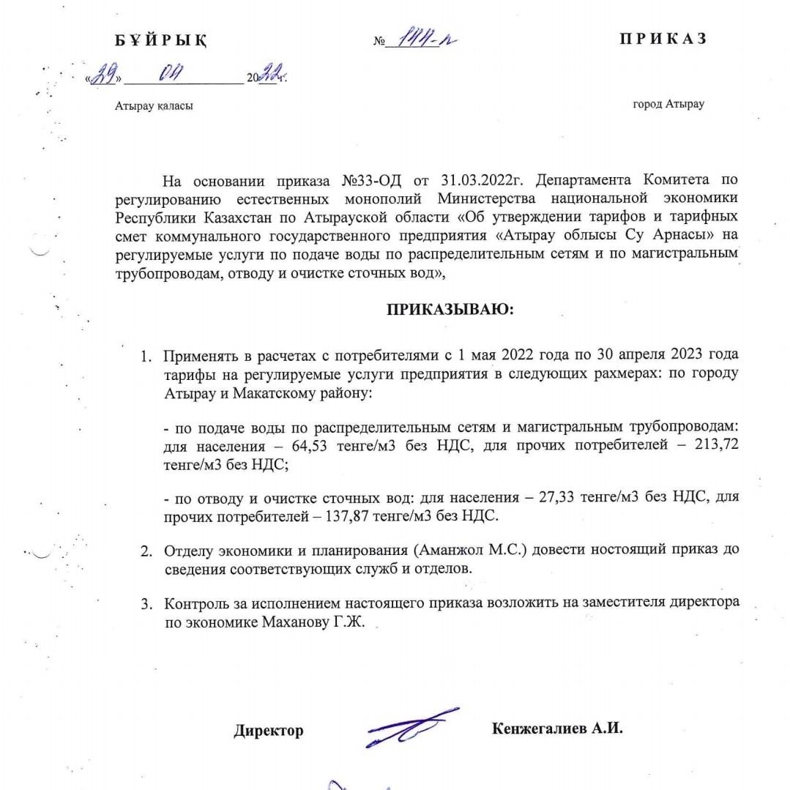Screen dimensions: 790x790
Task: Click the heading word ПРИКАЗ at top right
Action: coord(663,40)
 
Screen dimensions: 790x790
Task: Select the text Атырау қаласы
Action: coord(154,106)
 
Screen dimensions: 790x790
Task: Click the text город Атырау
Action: coord(668,104)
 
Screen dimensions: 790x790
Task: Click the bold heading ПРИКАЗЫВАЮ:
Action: coord(450,309)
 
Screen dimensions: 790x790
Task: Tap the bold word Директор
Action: coord(269,731)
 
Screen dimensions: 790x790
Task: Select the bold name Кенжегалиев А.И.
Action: coord(557,728)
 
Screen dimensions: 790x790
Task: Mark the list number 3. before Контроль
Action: coord(146,603)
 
